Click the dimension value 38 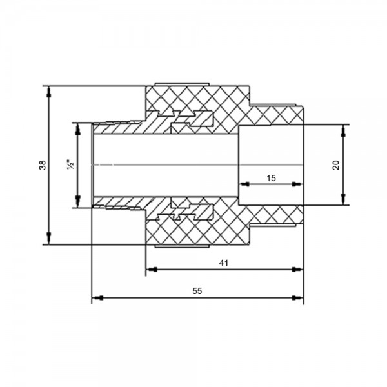[x=43, y=165]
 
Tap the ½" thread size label [x=70, y=164]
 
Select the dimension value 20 [x=336, y=165]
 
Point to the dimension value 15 [x=271, y=178]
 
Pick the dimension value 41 [x=224, y=263]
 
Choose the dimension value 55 [x=197, y=292]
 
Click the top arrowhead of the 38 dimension [x=49, y=92]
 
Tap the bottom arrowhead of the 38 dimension [x=49, y=239]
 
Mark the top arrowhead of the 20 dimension [x=343, y=130]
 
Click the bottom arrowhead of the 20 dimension [x=343, y=199]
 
